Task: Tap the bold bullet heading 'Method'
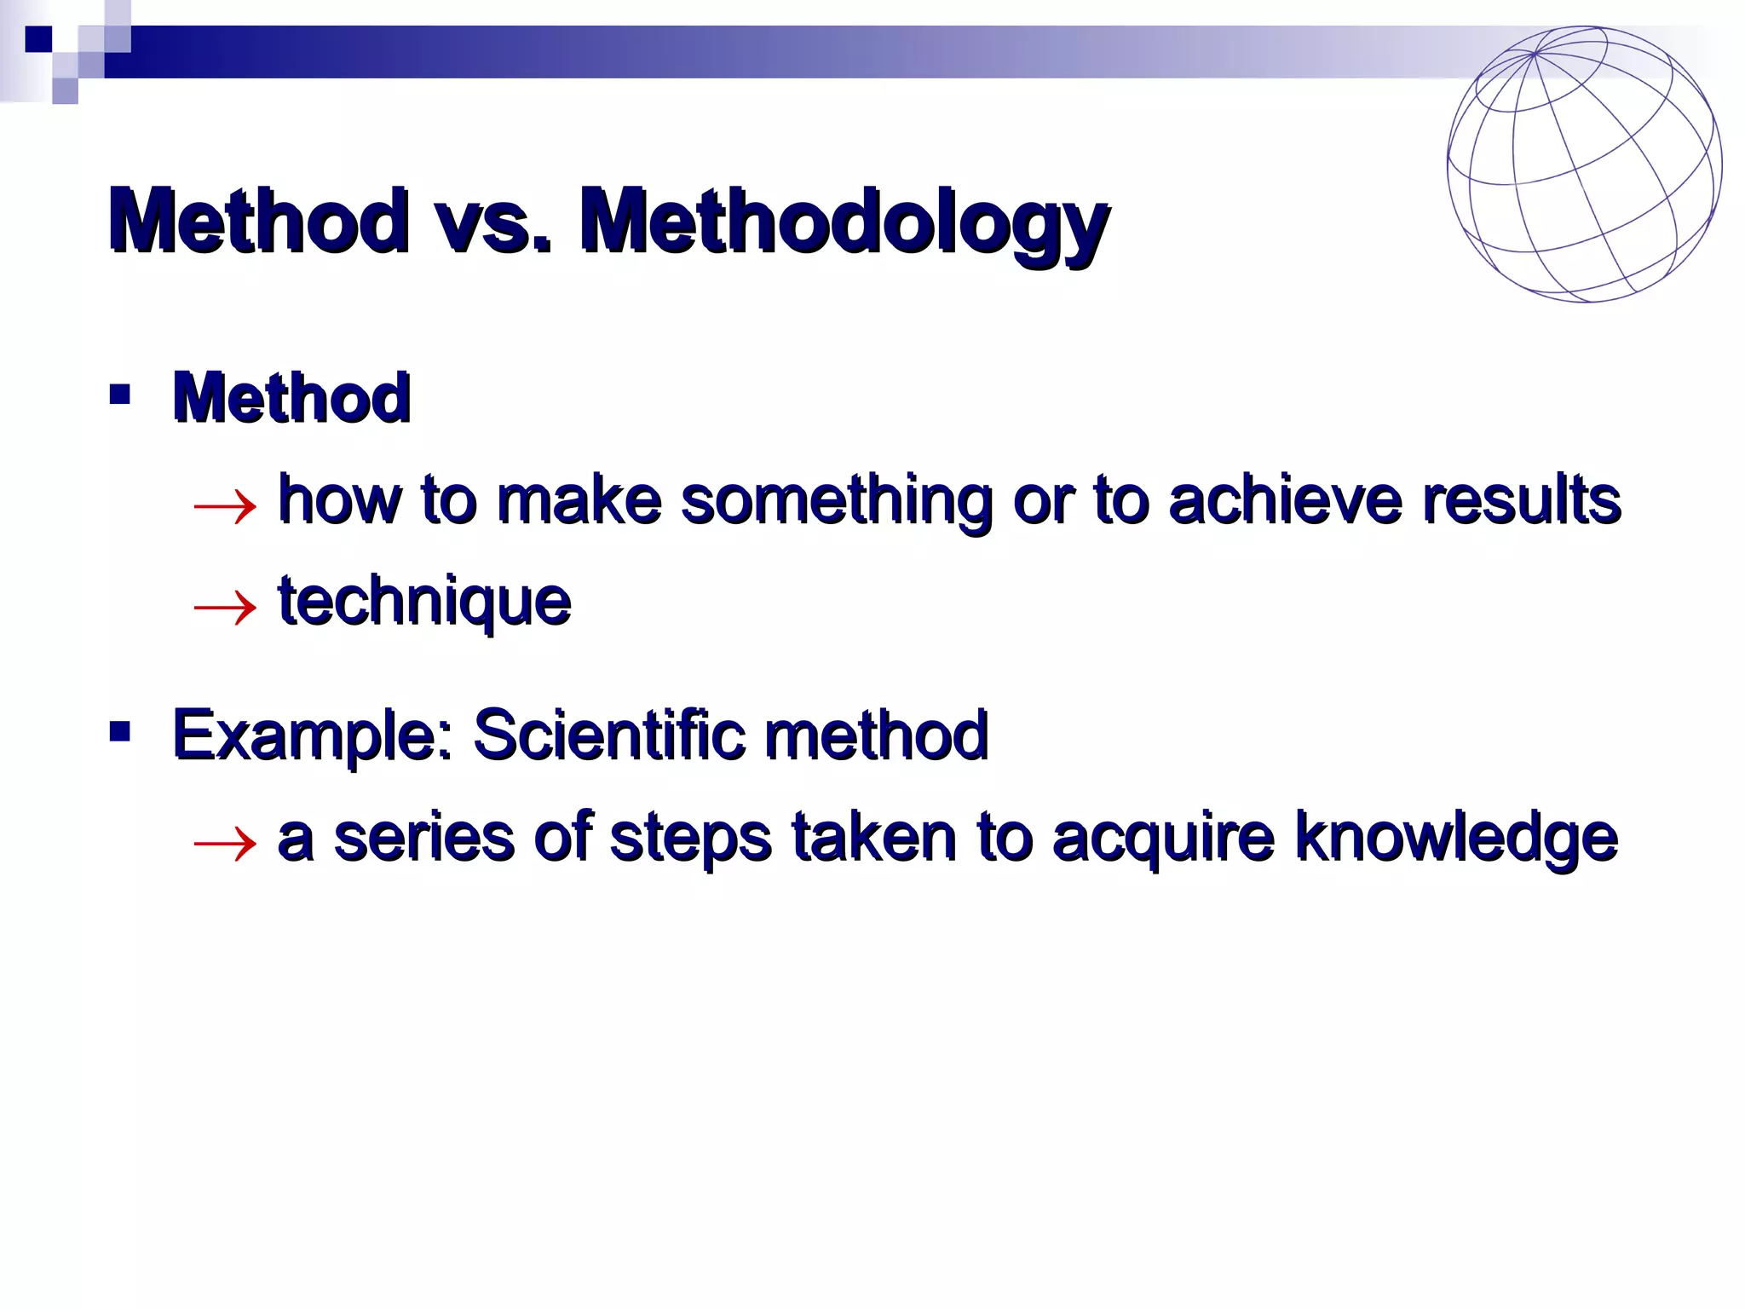[291, 397]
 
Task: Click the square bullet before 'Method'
[120, 395]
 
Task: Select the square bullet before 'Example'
[120, 731]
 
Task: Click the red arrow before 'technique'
[225, 607]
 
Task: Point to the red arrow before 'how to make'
[225, 506]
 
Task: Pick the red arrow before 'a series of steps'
[225, 844]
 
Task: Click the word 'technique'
[424, 602]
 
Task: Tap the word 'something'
[836, 501]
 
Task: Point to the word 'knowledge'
[1455, 839]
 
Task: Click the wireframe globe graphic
[1584, 164]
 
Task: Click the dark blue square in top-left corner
[38, 39]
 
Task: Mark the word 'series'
[424, 839]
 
